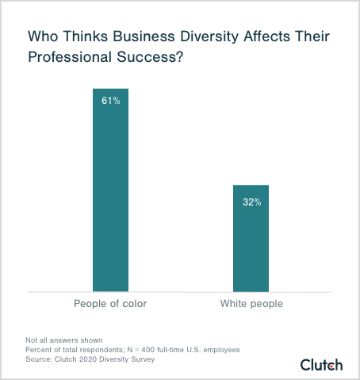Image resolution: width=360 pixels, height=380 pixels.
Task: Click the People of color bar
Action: click(x=110, y=190)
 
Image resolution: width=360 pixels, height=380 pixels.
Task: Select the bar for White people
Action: click(x=251, y=238)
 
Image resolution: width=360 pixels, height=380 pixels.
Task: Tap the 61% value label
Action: click(x=110, y=101)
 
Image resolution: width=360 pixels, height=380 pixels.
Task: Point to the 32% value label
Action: click(x=251, y=202)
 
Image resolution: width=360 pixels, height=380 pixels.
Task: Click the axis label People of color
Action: click(x=110, y=304)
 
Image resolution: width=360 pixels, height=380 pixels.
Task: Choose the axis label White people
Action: click(x=251, y=304)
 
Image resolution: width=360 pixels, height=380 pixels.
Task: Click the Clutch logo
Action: click(x=321, y=364)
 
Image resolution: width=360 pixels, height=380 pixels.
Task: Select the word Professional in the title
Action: click(x=67, y=59)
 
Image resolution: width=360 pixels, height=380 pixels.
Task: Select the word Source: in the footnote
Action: click(x=40, y=359)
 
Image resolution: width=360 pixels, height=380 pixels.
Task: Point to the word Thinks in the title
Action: click(x=82, y=37)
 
